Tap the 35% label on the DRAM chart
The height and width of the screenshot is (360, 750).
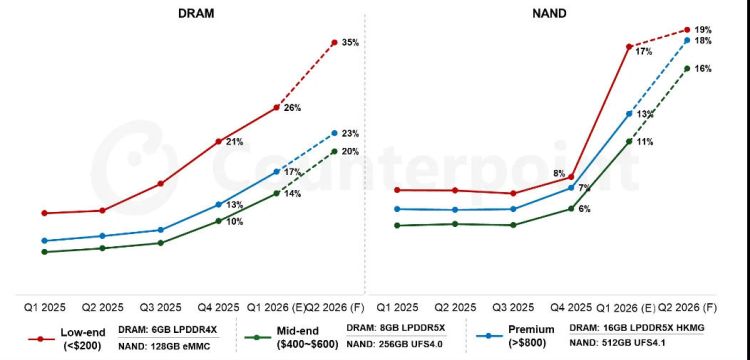(349, 43)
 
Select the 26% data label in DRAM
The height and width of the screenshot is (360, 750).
(293, 107)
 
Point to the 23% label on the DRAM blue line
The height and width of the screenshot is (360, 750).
(350, 133)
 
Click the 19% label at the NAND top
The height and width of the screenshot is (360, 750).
(703, 30)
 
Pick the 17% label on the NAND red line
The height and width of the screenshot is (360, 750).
(644, 50)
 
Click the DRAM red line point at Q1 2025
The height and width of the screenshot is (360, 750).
(44, 213)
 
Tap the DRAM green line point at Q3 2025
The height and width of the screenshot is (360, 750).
(160, 242)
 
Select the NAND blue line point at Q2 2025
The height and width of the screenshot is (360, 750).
(455, 210)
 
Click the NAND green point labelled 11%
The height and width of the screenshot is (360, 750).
(629, 141)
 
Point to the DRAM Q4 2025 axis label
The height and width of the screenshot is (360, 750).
(217, 307)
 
